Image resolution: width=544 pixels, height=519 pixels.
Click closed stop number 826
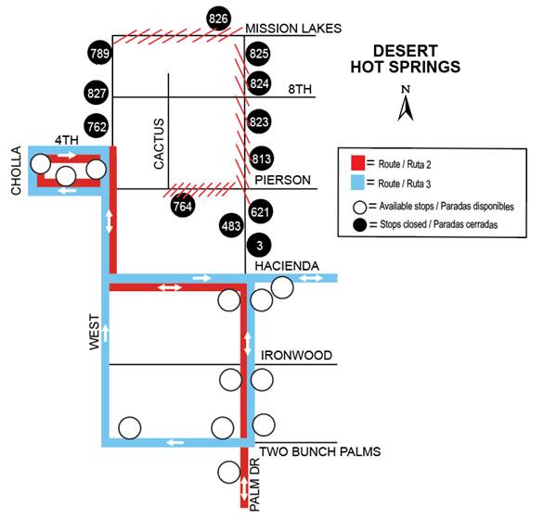click(218, 19)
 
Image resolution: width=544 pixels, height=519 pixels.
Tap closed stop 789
click(100, 54)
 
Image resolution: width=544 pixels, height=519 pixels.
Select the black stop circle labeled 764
click(183, 206)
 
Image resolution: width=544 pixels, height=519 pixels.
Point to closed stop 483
click(231, 226)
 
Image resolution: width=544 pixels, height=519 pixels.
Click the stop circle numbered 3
click(259, 246)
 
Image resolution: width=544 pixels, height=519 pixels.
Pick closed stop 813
click(261, 158)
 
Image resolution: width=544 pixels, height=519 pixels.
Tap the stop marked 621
click(260, 211)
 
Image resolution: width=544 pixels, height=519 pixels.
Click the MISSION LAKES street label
click(293, 28)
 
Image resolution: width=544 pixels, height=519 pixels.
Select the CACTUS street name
click(159, 144)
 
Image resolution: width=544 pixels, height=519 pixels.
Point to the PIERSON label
click(282, 180)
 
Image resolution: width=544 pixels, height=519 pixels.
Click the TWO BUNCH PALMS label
click(320, 451)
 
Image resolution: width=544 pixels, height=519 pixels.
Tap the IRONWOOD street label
click(296, 355)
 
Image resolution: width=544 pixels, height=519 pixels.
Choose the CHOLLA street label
click(17, 171)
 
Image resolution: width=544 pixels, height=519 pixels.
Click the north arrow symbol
click(406, 103)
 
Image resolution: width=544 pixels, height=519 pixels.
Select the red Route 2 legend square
click(357, 163)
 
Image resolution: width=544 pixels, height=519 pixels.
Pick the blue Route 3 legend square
click(357, 183)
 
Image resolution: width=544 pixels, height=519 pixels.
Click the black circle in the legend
click(360, 225)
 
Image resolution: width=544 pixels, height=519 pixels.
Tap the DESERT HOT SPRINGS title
click(406, 58)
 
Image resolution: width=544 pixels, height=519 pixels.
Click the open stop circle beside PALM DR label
click(229, 473)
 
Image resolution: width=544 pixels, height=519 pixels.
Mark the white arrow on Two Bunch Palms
click(175, 442)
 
